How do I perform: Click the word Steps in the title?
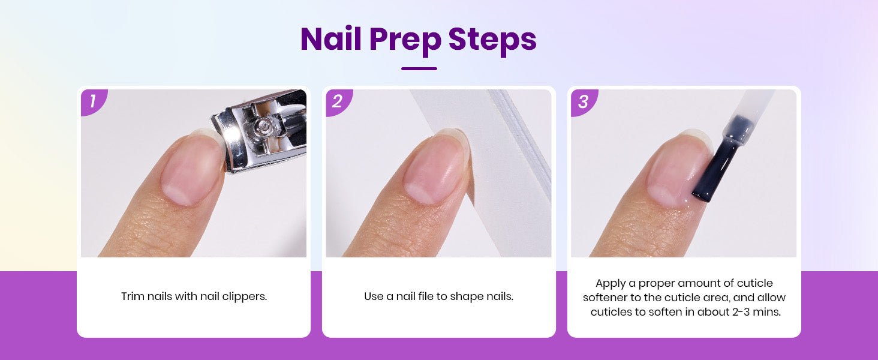pyautogui.click(x=492, y=40)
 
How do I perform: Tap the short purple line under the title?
pyautogui.click(x=419, y=68)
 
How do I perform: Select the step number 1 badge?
pyautogui.click(x=94, y=101)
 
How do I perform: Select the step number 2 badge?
pyautogui.click(x=338, y=101)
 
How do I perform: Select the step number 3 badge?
pyautogui.click(x=584, y=102)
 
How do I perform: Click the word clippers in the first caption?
pyautogui.click(x=245, y=297)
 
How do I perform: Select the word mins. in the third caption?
pyautogui.click(x=768, y=312)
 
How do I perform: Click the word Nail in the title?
pyautogui.click(x=331, y=39)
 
